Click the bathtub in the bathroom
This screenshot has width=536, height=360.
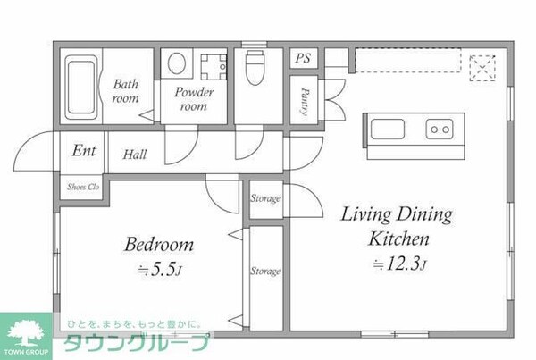pyautogui.click(x=81, y=88)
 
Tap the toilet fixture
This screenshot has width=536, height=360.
pyautogui.click(x=255, y=67)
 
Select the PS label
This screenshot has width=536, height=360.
pyautogui.click(x=303, y=58)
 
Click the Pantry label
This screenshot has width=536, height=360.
pyautogui.click(x=305, y=101)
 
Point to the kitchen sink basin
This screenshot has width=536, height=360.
pyautogui.click(x=388, y=129)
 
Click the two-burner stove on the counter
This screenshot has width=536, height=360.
pyautogui.click(x=440, y=130)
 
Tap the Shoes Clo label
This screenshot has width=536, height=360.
pyautogui.click(x=83, y=187)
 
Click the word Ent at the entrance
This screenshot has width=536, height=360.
pyautogui.click(x=84, y=150)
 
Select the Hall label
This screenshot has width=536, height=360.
pyautogui.click(x=135, y=155)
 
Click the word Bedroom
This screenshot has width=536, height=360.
pyautogui.click(x=159, y=244)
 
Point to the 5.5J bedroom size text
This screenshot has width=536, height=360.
pyautogui.click(x=159, y=270)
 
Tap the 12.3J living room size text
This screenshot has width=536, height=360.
pyautogui.click(x=399, y=264)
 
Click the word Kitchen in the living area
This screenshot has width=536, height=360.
pyautogui.click(x=398, y=239)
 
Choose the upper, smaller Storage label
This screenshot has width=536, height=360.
pyautogui.click(x=265, y=198)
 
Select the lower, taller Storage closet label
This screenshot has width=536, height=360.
pyautogui.click(x=265, y=271)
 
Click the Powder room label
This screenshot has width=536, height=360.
pyautogui.click(x=194, y=99)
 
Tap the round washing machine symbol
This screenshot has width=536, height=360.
pyautogui.click(x=177, y=63)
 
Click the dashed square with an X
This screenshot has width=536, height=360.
pyautogui.click(x=482, y=68)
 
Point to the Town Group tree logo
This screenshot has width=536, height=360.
pyautogui.click(x=26, y=332)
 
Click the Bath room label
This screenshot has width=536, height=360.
pyautogui.click(x=126, y=91)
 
